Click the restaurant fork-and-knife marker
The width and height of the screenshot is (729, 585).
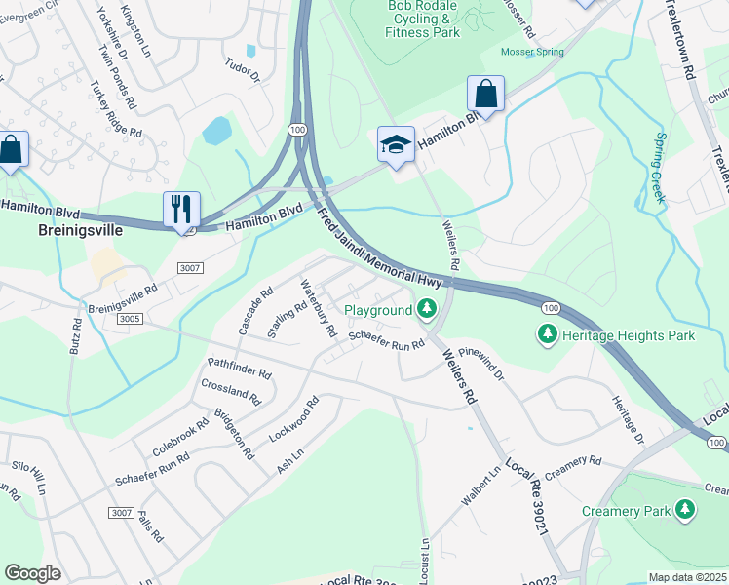click(x=181, y=210)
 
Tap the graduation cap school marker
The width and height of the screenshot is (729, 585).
click(x=396, y=145)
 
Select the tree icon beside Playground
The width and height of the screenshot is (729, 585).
click(x=426, y=310)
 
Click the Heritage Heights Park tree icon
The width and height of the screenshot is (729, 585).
click(x=548, y=335)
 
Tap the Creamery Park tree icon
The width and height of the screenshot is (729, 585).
click(x=686, y=510)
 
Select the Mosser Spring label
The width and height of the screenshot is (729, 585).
click(x=532, y=52)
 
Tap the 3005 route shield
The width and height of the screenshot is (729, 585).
click(x=129, y=318)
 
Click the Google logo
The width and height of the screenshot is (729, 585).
click(x=32, y=572)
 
